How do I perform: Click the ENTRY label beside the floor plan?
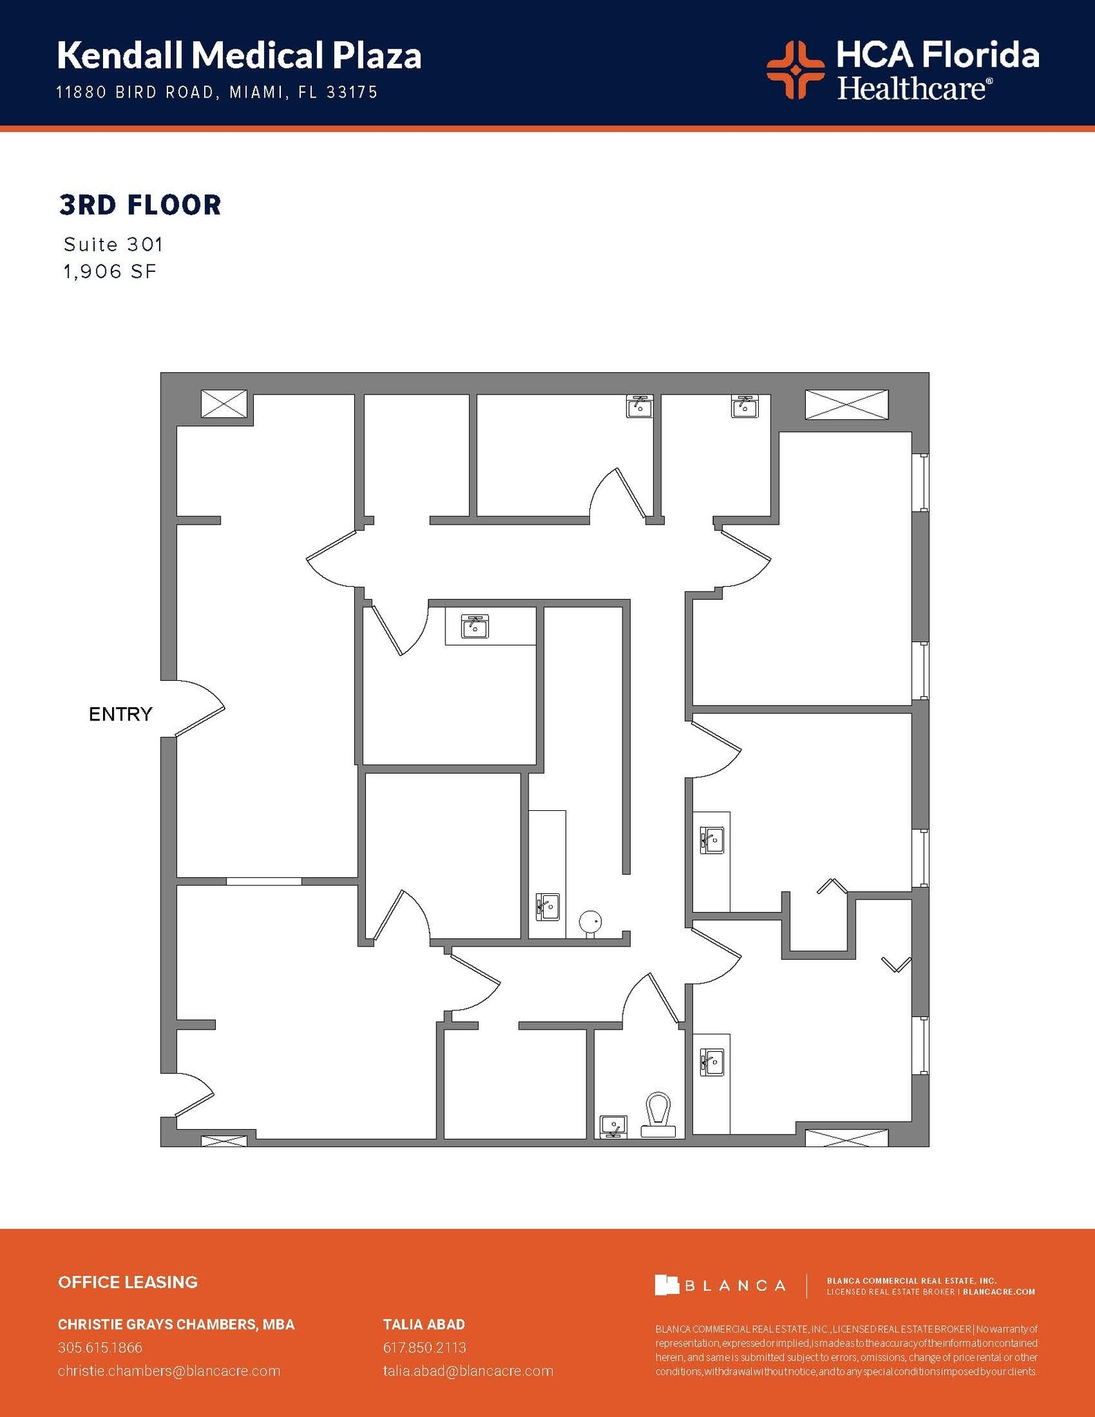click(120, 714)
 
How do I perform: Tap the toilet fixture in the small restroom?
click(658, 1115)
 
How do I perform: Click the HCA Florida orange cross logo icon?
click(795, 69)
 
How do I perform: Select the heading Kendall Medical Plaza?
click(239, 55)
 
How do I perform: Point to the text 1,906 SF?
click(111, 272)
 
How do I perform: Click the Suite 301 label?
click(113, 244)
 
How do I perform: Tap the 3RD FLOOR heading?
click(140, 205)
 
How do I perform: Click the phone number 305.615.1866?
click(100, 1347)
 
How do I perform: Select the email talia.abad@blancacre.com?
click(468, 1371)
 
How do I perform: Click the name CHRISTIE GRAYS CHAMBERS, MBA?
click(176, 1324)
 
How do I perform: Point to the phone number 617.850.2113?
click(425, 1347)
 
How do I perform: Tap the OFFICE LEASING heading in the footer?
click(128, 1282)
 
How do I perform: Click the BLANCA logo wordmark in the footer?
click(720, 1286)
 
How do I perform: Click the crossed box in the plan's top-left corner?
click(223, 403)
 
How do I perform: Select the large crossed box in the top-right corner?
click(846, 404)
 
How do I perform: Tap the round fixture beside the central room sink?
click(590, 922)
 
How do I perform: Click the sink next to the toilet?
click(614, 1126)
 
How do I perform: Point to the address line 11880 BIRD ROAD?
click(217, 92)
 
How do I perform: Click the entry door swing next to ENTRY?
click(199, 708)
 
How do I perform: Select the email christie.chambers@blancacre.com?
click(169, 1371)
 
